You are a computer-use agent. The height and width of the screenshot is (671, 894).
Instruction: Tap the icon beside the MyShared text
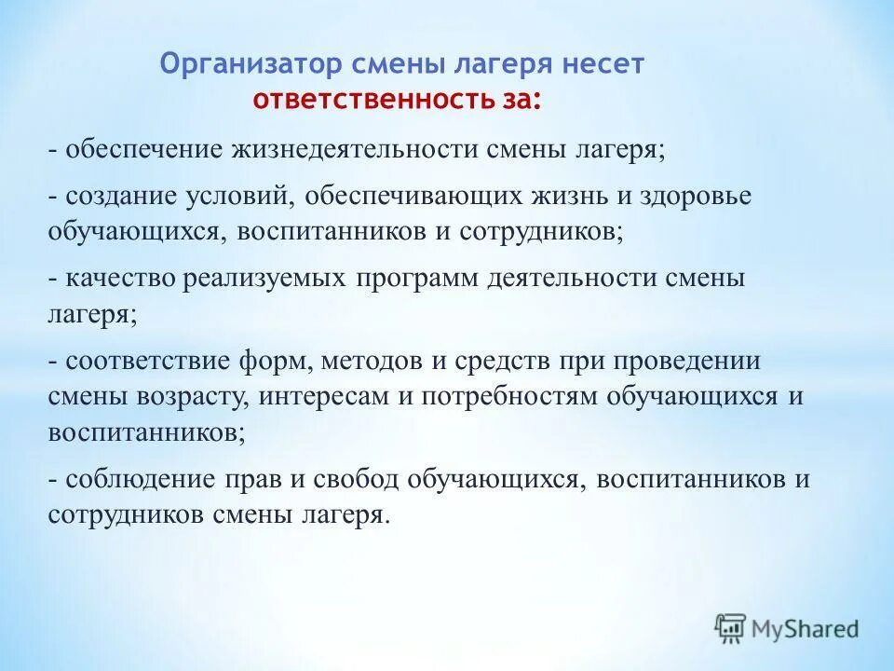click(731, 628)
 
